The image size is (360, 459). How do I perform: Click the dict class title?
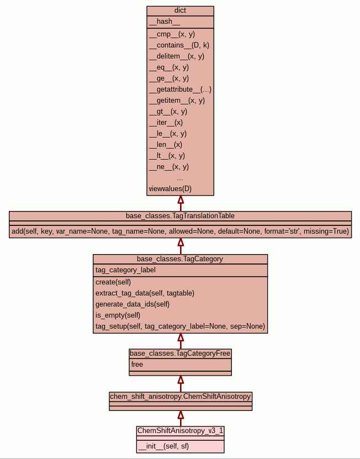(x=180, y=10)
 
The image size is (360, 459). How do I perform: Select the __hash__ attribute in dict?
(x=164, y=22)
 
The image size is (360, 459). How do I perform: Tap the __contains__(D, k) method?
(x=178, y=45)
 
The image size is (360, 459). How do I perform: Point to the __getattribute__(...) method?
(x=180, y=89)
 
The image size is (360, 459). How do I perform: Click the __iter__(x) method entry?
(x=166, y=123)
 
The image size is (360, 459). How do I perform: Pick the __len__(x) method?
(x=165, y=145)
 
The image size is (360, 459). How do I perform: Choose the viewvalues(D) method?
(x=170, y=189)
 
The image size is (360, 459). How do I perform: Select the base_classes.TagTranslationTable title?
(x=180, y=215)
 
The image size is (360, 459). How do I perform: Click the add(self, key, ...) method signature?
(x=180, y=231)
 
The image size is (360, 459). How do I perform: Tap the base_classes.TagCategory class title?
(x=180, y=258)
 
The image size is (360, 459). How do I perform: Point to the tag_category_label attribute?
(x=125, y=270)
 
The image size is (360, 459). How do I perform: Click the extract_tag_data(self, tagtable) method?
(x=145, y=293)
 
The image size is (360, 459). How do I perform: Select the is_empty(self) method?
(x=118, y=315)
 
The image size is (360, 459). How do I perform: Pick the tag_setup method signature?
(x=180, y=326)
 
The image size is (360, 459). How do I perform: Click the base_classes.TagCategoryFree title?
(x=180, y=354)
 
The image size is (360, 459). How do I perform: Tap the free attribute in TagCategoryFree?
(x=137, y=365)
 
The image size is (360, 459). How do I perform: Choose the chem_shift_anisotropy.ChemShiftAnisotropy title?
(x=180, y=397)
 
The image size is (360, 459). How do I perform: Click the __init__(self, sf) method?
(x=163, y=446)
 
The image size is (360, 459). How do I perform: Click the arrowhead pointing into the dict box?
(x=180, y=200)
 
